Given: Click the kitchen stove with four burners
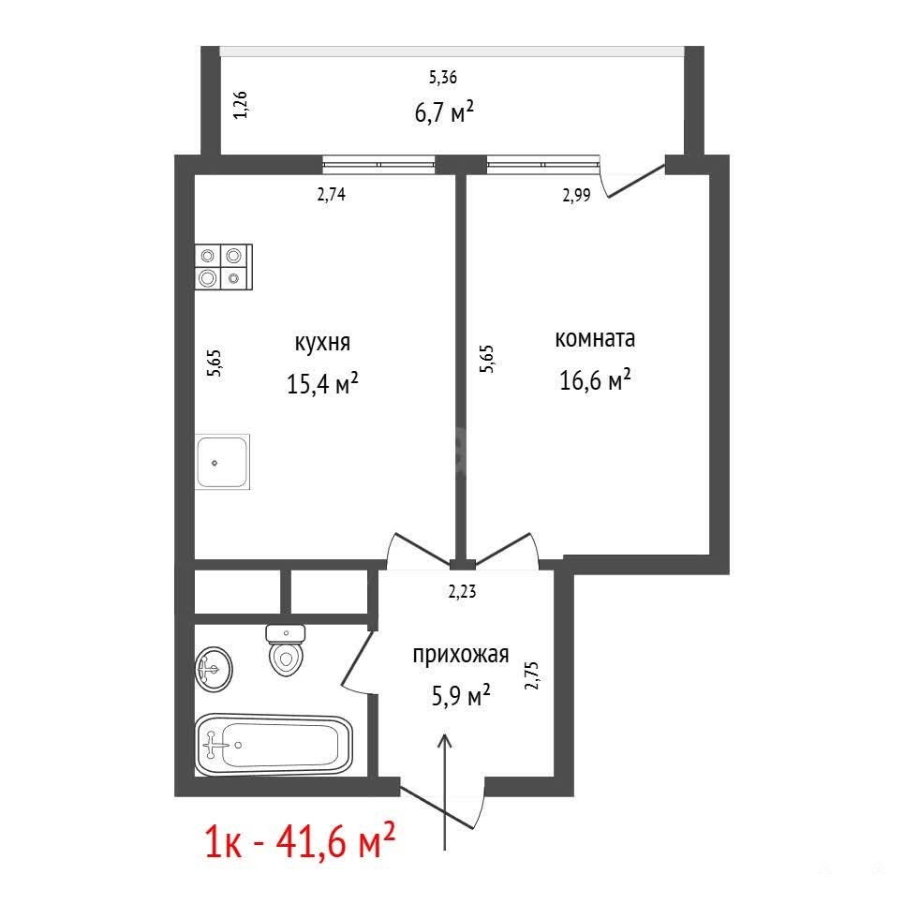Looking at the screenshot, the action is [224, 267].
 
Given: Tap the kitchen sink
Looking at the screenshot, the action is [223, 462].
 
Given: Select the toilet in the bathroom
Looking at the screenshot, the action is [286, 650].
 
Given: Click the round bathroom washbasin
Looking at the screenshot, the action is [214, 669].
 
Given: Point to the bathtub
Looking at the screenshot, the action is [274, 745].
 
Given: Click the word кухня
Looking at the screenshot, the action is [322, 343].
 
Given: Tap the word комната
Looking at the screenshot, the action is [595, 338].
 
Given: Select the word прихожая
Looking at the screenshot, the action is [461, 655].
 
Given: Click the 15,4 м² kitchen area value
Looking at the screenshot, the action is [323, 383].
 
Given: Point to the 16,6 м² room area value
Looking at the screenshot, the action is [595, 379].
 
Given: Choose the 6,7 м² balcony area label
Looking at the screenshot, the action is [444, 111].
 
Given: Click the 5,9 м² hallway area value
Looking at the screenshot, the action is [461, 695].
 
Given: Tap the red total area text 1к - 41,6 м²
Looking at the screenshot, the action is [301, 842].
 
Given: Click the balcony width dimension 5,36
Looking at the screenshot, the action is [443, 77].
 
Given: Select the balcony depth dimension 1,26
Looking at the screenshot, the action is [241, 105].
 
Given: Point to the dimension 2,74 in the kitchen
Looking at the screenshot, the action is [332, 194].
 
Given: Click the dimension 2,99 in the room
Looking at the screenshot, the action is [576, 196].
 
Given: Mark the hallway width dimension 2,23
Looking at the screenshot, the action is [463, 591].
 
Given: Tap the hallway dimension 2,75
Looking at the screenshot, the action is [531, 675].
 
